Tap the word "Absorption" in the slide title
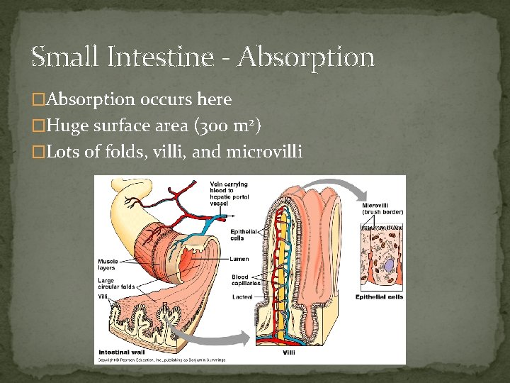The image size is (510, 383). tap(306, 57)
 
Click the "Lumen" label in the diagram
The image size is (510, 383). tap(240, 259)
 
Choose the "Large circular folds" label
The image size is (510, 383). tap(116, 284)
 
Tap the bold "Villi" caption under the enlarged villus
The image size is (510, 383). tap(290, 352)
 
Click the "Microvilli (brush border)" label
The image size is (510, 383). tap(382, 209)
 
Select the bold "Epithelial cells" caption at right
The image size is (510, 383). tap(380, 297)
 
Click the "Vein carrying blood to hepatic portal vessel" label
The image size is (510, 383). tap(228, 194)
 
